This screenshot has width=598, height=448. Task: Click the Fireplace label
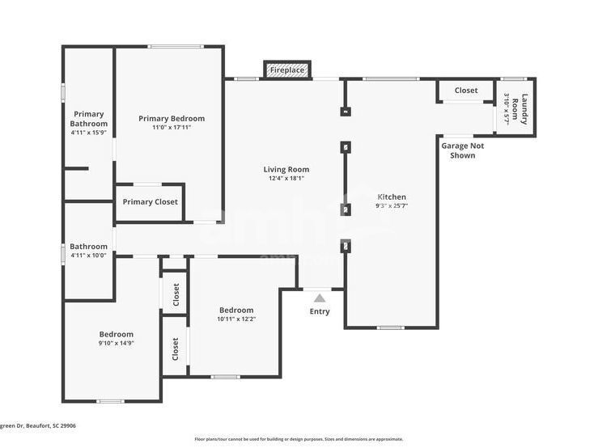[x=287, y=70]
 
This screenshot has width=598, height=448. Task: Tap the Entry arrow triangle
[x=320, y=298]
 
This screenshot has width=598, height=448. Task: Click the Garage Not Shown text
[x=462, y=150]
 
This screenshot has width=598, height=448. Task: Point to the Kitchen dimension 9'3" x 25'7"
[x=392, y=206]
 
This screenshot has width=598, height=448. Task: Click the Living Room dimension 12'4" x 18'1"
[x=286, y=179]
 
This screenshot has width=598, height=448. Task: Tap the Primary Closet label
[x=151, y=201]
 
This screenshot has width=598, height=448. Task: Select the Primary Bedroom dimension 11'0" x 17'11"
[x=171, y=127]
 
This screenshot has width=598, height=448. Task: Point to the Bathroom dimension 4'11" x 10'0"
[x=88, y=256]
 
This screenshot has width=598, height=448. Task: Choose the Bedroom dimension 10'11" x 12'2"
[x=235, y=319]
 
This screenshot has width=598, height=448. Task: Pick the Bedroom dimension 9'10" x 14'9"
[x=116, y=343]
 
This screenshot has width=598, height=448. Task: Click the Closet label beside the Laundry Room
[x=465, y=91]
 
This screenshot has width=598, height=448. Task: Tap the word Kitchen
[x=392, y=197]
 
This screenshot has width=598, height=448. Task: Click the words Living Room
[x=286, y=169]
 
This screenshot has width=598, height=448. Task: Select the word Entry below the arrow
[x=320, y=311]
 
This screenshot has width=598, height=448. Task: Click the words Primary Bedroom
[x=171, y=118]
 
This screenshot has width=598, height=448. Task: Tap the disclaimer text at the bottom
[x=299, y=439]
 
